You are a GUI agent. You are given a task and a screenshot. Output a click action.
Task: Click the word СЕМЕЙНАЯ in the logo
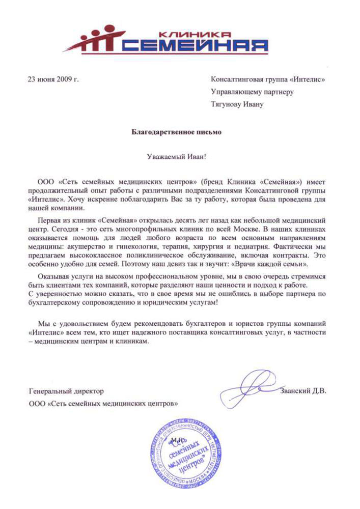click(x=196, y=46)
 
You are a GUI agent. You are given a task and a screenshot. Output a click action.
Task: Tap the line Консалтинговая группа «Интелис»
click(x=267, y=79)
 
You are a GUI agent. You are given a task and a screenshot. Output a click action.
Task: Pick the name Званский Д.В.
click(x=302, y=391)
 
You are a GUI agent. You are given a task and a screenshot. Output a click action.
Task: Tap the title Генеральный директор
click(x=67, y=391)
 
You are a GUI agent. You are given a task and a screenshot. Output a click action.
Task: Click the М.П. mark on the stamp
click(x=178, y=439)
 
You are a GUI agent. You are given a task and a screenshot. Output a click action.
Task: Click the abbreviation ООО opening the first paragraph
click(x=47, y=182)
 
